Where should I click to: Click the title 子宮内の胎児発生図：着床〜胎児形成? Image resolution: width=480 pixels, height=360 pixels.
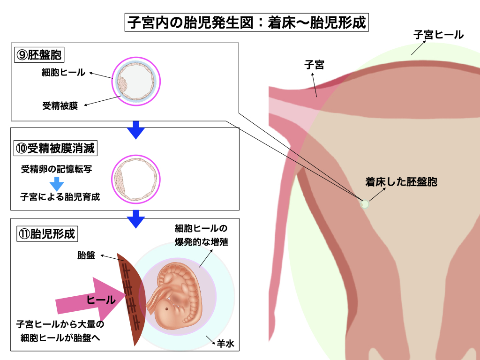point(247,22)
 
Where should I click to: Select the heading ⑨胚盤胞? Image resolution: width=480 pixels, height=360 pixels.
point(39,55)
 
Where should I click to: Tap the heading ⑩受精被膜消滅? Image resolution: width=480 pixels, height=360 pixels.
point(55,149)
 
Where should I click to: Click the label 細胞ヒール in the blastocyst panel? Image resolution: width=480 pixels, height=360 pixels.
point(63,73)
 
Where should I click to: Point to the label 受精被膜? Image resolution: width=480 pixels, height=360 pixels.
point(60,105)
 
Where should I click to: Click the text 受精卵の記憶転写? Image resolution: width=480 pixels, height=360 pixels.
point(56,169)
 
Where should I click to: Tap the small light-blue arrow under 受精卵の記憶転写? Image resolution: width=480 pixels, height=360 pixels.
point(56,183)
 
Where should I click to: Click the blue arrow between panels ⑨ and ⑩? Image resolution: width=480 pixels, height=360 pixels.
point(136,130)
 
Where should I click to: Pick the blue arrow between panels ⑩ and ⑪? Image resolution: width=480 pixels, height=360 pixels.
point(136,218)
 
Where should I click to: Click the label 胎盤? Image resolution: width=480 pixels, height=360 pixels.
point(86,255)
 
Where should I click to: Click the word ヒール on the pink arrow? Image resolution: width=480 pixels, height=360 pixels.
point(101,300)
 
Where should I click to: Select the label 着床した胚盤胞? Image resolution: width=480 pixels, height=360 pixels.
point(401,182)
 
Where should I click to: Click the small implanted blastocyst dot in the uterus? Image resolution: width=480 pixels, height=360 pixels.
point(364,204)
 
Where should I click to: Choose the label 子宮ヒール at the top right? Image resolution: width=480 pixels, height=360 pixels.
point(438,34)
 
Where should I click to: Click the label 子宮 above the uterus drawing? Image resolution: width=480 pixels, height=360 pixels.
point(314,65)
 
